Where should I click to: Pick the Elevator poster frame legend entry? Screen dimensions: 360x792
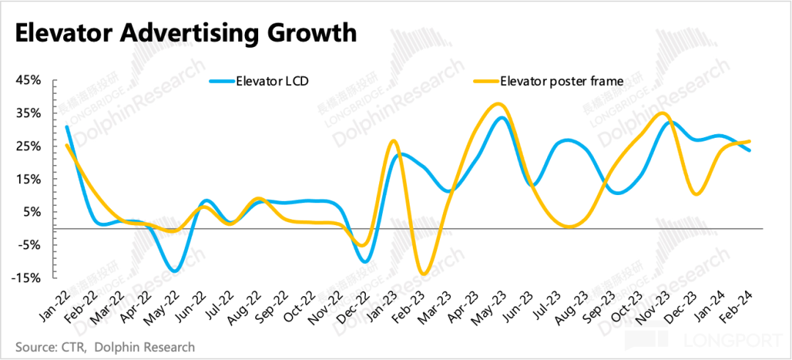click(560, 81)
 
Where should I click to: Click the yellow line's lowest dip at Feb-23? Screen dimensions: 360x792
click(423, 274)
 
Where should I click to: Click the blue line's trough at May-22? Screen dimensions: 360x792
click(173, 271)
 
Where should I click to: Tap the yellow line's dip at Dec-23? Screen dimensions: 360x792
click(695, 194)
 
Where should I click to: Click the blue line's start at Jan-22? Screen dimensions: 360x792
click(67, 127)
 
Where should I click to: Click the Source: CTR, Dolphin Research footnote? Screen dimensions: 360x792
click(105, 345)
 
